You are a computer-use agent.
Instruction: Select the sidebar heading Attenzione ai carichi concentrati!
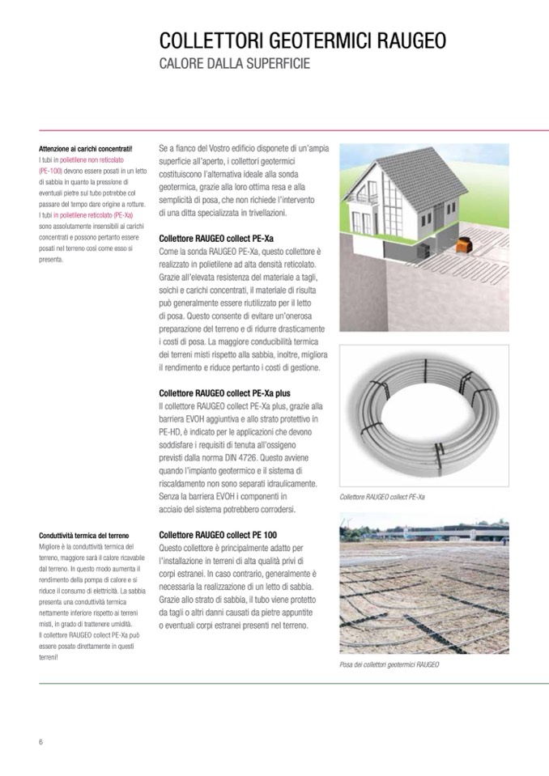(85, 150)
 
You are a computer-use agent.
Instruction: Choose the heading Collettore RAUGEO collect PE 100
(218, 535)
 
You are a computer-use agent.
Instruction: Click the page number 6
(40, 742)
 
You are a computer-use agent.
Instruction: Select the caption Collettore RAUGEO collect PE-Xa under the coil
(383, 498)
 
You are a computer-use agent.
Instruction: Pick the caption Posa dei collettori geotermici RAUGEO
(389, 664)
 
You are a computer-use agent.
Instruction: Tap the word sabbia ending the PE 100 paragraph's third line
(300, 586)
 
